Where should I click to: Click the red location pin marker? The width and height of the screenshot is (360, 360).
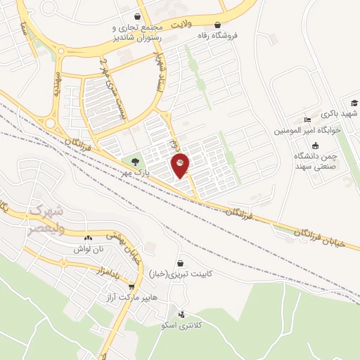pyautogui.click(x=181, y=165)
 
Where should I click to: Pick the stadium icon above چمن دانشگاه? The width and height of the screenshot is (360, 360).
pyautogui.click(x=314, y=145)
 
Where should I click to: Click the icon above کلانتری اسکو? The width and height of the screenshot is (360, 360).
pyautogui.click(x=182, y=314)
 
